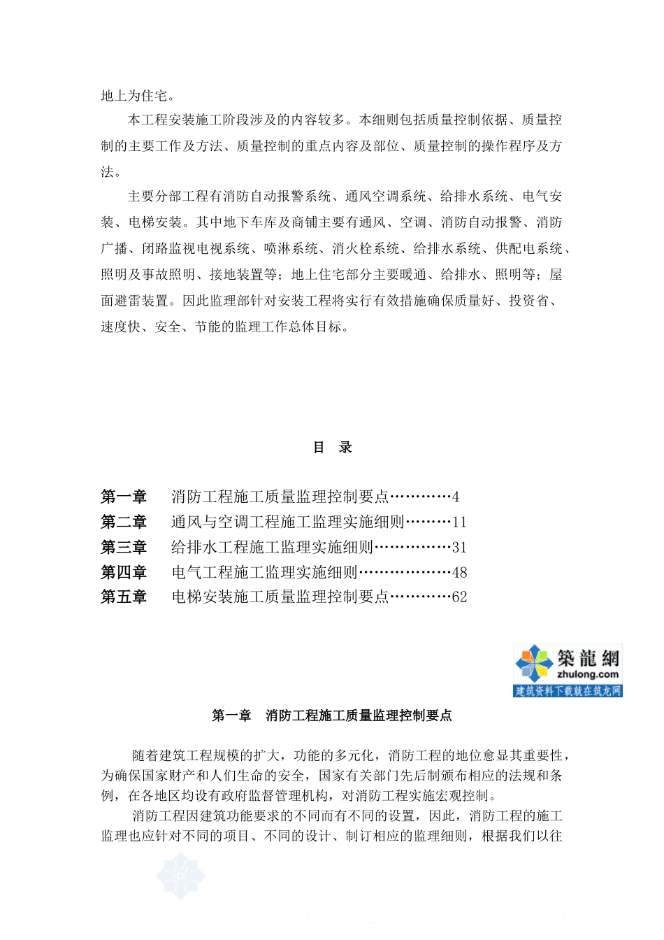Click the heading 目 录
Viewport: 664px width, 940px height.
pos(332,448)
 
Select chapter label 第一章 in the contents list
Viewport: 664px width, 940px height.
pos(124,497)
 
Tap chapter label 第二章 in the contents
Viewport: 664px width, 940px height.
pos(124,522)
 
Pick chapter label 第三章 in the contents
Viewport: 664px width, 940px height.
pos(124,548)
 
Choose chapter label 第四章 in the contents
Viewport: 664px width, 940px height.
pos(124,573)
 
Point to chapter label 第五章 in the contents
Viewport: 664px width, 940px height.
pos(124,597)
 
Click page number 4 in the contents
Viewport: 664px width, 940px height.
pos(456,497)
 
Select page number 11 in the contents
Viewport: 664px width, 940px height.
pos(459,522)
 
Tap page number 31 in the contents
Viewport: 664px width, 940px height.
pos(459,548)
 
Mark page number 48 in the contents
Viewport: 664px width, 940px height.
pos(459,573)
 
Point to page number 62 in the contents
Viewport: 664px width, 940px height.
pos(459,597)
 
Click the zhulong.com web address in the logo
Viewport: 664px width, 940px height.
pos(588,675)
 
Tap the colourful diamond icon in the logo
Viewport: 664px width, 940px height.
pos(534,663)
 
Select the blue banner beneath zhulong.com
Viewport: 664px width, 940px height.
pos(568,691)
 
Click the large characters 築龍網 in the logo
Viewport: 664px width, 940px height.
pos(588,658)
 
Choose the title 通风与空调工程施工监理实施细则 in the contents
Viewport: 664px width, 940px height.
pos(287,522)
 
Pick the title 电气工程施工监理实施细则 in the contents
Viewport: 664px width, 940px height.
pos(264,573)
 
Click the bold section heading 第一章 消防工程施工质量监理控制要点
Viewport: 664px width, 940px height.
pos(332,715)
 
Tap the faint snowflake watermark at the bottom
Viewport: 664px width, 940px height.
pos(180,875)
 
